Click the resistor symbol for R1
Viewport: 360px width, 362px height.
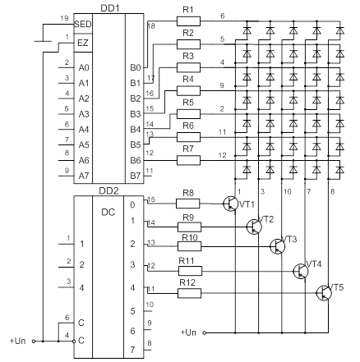(188, 21)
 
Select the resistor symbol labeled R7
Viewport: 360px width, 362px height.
(188, 160)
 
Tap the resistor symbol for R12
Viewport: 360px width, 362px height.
(190, 293)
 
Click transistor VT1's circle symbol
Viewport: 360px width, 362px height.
(230, 204)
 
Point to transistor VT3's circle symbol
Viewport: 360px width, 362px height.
(277, 246)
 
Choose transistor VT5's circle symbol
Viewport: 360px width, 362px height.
(324, 293)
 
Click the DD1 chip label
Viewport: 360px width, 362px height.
(110, 8)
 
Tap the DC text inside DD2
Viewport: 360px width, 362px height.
(108, 212)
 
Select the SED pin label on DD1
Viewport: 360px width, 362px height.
(83, 24)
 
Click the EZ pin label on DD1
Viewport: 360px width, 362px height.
(83, 43)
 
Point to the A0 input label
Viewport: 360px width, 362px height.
(84, 67)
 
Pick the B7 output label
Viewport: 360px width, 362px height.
(135, 176)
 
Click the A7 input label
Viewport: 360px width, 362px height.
(84, 175)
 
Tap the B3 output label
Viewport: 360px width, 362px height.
(135, 114)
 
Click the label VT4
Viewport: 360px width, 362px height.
(313, 264)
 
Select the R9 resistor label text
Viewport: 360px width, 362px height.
(188, 218)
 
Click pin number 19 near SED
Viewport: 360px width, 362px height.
(64, 18)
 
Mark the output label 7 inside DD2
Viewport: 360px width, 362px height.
(132, 350)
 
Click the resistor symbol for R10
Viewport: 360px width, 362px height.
(190, 246)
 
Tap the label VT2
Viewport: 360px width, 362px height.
(265, 219)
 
